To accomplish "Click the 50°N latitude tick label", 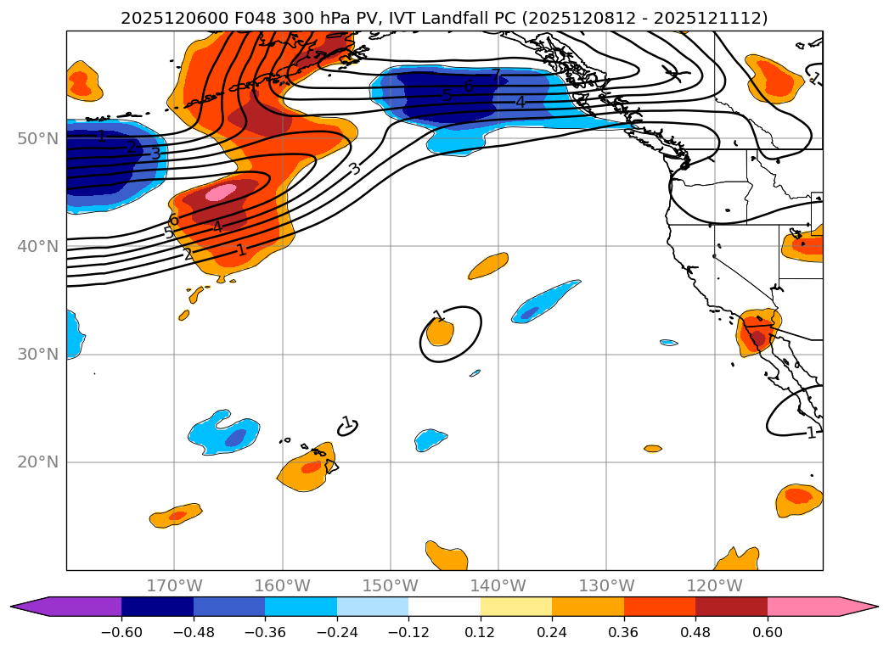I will [x=37, y=139].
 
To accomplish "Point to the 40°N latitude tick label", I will [x=37, y=247].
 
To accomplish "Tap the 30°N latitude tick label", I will [x=37, y=355].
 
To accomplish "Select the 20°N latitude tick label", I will [x=37, y=462].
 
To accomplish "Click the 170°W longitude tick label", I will [x=174, y=585].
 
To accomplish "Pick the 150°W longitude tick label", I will [x=390, y=585].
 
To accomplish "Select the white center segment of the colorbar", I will [x=444, y=607].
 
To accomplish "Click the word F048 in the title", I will [x=225, y=18].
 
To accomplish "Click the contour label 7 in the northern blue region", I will [x=496, y=76].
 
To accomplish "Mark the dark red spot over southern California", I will [x=757, y=338].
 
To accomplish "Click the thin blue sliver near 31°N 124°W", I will [x=669, y=343].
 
